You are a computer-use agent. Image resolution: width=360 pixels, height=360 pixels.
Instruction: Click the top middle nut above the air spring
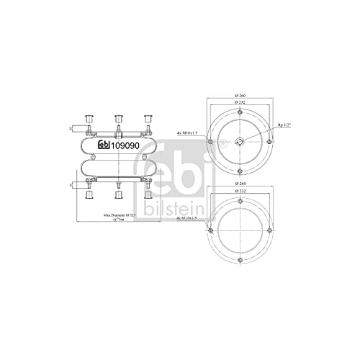click(x=117, y=119)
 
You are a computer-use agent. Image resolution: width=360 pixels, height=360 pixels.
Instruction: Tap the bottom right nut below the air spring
click(x=147, y=195)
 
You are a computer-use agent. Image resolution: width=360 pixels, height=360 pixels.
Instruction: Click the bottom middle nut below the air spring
click(x=117, y=195)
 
